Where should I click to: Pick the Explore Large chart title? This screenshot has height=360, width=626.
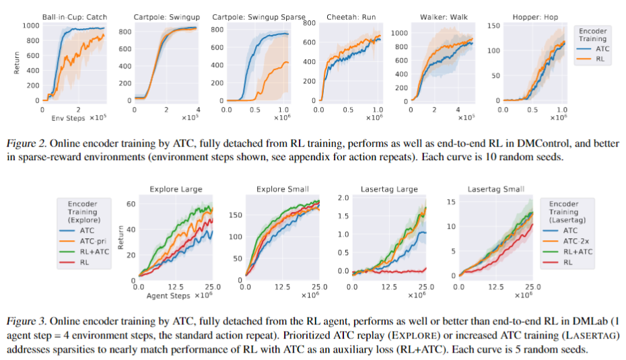(176, 189)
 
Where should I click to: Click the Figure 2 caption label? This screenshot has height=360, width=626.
(27, 144)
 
